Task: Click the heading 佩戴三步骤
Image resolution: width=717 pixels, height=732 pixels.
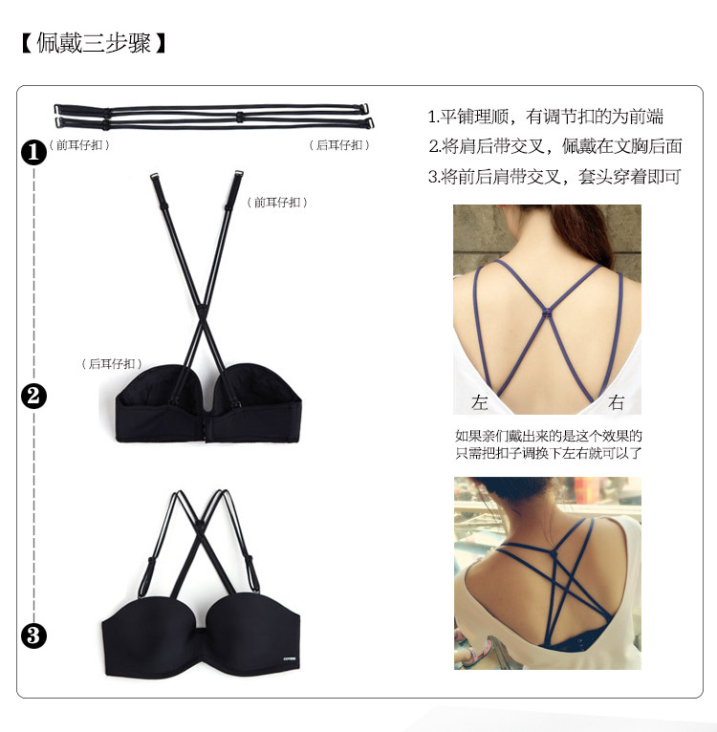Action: (93, 44)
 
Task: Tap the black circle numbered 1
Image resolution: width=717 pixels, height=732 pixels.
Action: (33, 151)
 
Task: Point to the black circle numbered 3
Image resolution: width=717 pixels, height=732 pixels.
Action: (33, 635)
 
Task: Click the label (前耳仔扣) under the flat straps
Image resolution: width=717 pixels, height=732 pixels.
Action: (81, 145)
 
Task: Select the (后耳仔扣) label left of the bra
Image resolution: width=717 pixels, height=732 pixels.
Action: (114, 363)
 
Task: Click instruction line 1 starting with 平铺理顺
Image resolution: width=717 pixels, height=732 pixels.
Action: (545, 117)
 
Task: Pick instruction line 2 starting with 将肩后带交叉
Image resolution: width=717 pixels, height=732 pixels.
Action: (554, 146)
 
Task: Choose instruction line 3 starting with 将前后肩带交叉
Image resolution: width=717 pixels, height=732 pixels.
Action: (554, 177)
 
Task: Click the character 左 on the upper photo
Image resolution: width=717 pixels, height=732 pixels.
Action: (479, 402)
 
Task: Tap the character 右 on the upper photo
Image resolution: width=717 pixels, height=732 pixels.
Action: (617, 402)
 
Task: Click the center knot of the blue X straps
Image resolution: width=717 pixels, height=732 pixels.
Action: (547, 313)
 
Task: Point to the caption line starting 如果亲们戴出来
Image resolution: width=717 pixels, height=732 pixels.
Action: (548, 436)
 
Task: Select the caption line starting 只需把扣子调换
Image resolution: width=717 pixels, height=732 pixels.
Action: (548, 453)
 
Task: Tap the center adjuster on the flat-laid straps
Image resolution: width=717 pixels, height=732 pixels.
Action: (238, 118)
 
